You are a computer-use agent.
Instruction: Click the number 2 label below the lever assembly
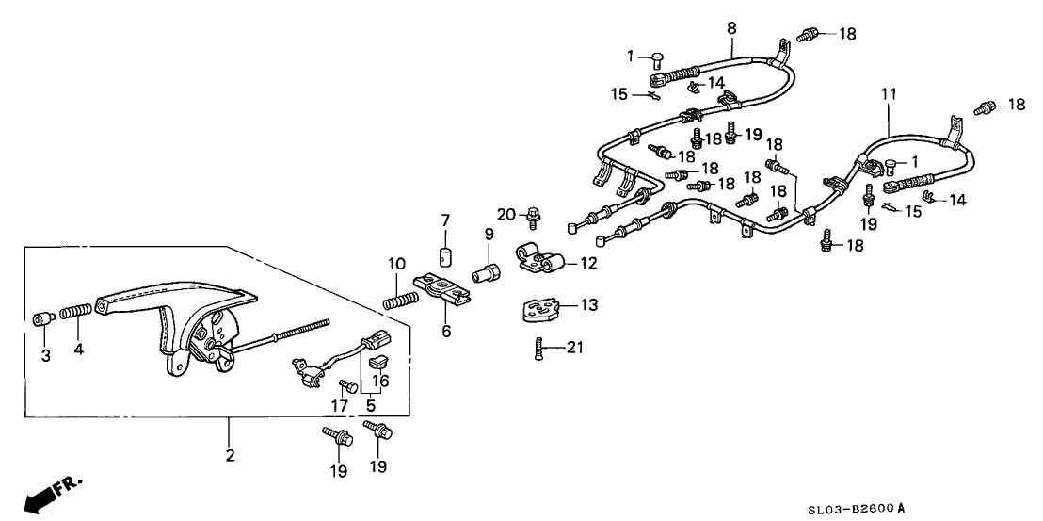[x=229, y=456]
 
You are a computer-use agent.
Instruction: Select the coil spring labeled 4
[x=74, y=311]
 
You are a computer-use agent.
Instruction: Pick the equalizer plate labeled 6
[x=443, y=289]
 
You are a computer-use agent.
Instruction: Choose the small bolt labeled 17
[x=347, y=386]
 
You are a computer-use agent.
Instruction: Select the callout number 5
[x=369, y=407]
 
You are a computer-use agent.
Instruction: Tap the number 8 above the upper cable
[x=730, y=27]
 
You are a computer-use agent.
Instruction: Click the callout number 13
[x=588, y=305]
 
